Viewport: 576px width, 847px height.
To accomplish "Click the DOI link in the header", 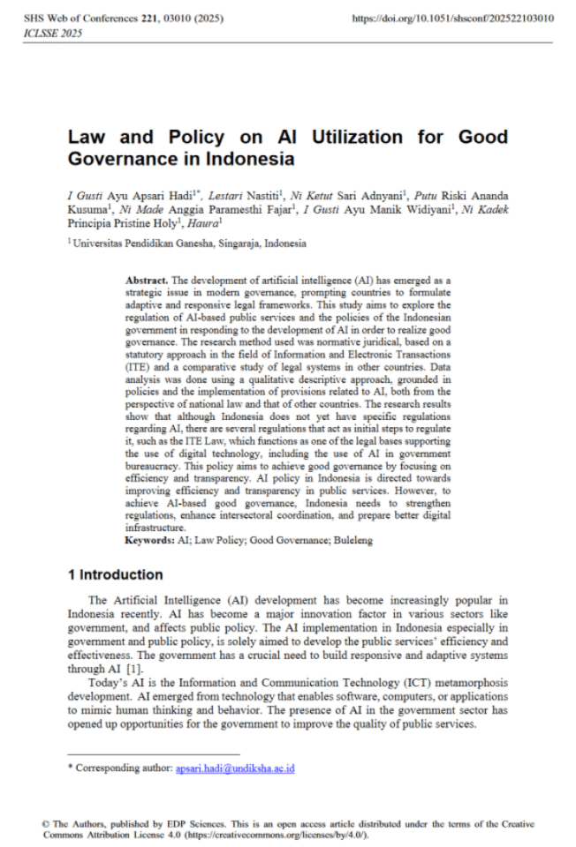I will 452,18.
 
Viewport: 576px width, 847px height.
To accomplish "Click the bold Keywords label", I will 150,538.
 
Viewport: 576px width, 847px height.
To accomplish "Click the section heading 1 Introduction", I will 115,575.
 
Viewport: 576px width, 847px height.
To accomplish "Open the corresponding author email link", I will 234,768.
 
